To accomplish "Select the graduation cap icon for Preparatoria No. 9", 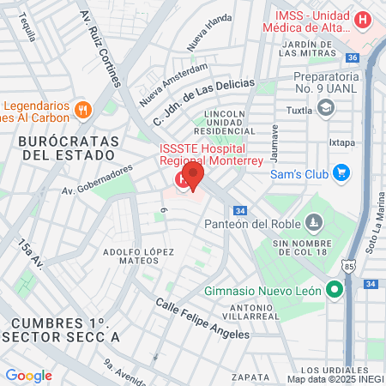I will (x=325, y=107).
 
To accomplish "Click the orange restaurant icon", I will (x=83, y=109).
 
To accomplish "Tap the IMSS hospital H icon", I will (x=364, y=18).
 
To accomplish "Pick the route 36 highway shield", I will (x=352, y=57).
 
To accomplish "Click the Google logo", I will (x=28, y=375).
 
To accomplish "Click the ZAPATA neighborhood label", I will (x=251, y=375).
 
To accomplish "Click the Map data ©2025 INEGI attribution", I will (x=335, y=378).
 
